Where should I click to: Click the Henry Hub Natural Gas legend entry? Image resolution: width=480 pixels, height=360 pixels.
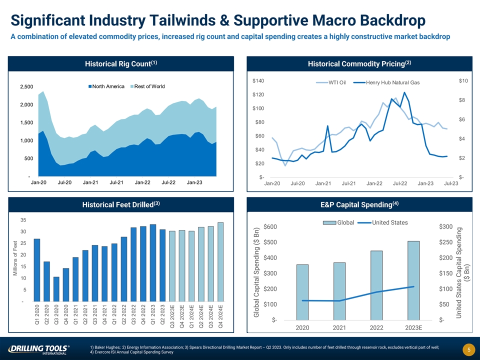click(x=390, y=82)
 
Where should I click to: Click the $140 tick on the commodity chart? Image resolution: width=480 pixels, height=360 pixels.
click(x=258, y=80)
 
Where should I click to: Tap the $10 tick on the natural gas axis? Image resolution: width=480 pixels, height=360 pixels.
click(x=463, y=81)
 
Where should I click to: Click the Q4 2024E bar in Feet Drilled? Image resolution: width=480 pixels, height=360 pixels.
click(x=220, y=262)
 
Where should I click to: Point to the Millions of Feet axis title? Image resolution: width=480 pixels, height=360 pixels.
click(x=15, y=260)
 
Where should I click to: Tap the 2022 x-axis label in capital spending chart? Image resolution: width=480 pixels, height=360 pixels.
click(x=376, y=328)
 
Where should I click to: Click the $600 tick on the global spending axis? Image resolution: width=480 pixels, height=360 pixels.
click(x=273, y=227)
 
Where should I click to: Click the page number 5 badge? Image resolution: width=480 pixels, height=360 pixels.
click(x=464, y=349)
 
